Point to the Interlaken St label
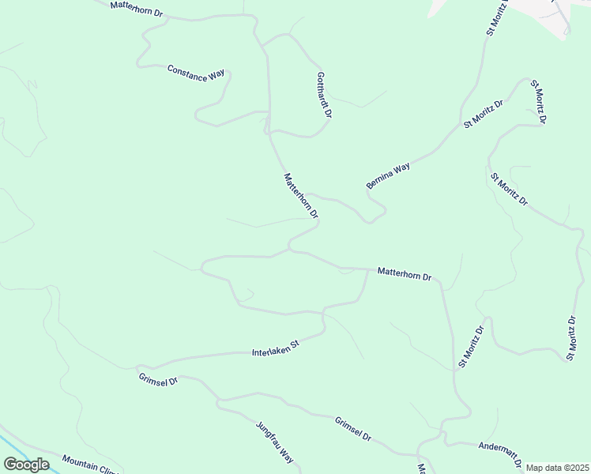[276, 347]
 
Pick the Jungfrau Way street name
[275, 442]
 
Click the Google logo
[26, 465]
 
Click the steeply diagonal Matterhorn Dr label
[300, 196]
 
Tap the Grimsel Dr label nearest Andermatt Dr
[352, 429]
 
